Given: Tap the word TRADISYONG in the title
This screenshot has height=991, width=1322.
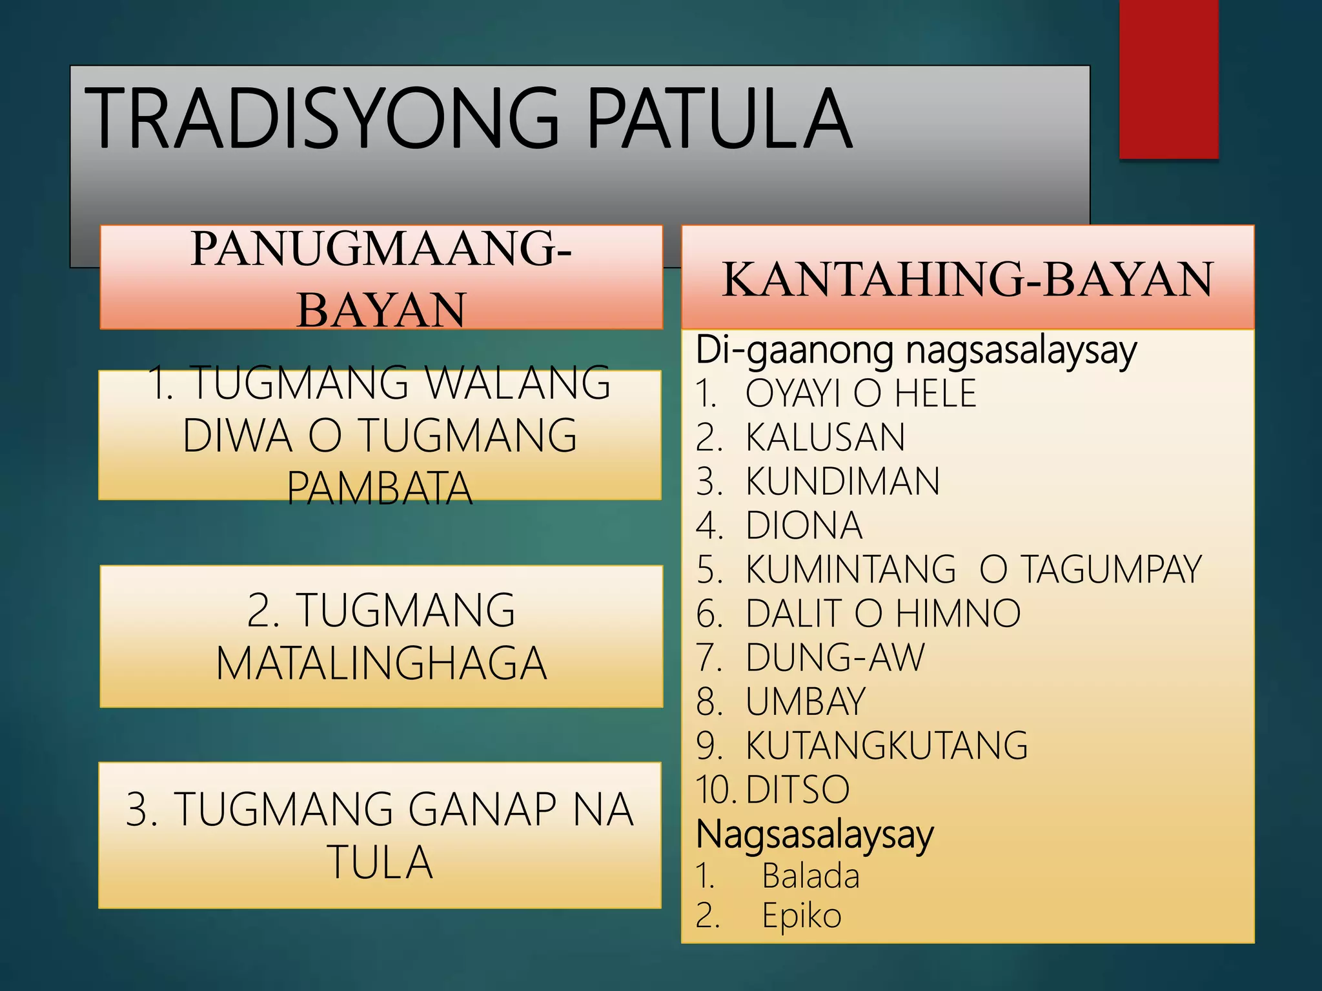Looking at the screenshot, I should pyautogui.click(x=321, y=119).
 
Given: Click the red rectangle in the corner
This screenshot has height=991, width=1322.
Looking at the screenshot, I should pyautogui.click(x=1168, y=79).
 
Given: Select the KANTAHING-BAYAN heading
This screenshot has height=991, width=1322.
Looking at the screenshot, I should pyautogui.click(x=968, y=279).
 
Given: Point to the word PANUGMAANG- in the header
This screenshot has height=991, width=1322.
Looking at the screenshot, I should pyautogui.click(x=381, y=249).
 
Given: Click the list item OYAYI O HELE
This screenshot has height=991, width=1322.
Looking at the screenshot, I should pyautogui.click(x=860, y=394).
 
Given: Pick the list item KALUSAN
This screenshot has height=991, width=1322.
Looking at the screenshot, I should pyautogui.click(x=825, y=437).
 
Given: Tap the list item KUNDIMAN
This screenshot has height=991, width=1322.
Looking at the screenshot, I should pyautogui.click(x=842, y=481).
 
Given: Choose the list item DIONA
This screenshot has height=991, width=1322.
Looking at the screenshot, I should pyautogui.click(x=804, y=525).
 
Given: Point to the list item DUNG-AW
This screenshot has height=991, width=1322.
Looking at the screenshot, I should pyautogui.click(x=835, y=657).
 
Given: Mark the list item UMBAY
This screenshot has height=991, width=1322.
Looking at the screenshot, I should pyautogui.click(x=805, y=701).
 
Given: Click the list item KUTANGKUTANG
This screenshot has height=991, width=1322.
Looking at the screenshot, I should pyautogui.click(x=886, y=746).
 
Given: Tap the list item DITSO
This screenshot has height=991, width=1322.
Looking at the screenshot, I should pyautogui.click(x=798, y=789).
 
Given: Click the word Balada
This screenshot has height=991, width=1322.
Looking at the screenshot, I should pyautogui.click(x=811, y=876).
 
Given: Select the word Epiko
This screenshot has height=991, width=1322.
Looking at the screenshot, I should pyautogui.click(x=802, y=916).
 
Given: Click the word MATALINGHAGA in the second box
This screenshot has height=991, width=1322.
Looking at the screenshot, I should pyautogui.click(x=381, y=664).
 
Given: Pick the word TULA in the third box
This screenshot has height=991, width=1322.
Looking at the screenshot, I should pyautogui.click(x=380, y=863).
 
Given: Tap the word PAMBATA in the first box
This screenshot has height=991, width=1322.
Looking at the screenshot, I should pyautogui.click(x=380, y=488).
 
